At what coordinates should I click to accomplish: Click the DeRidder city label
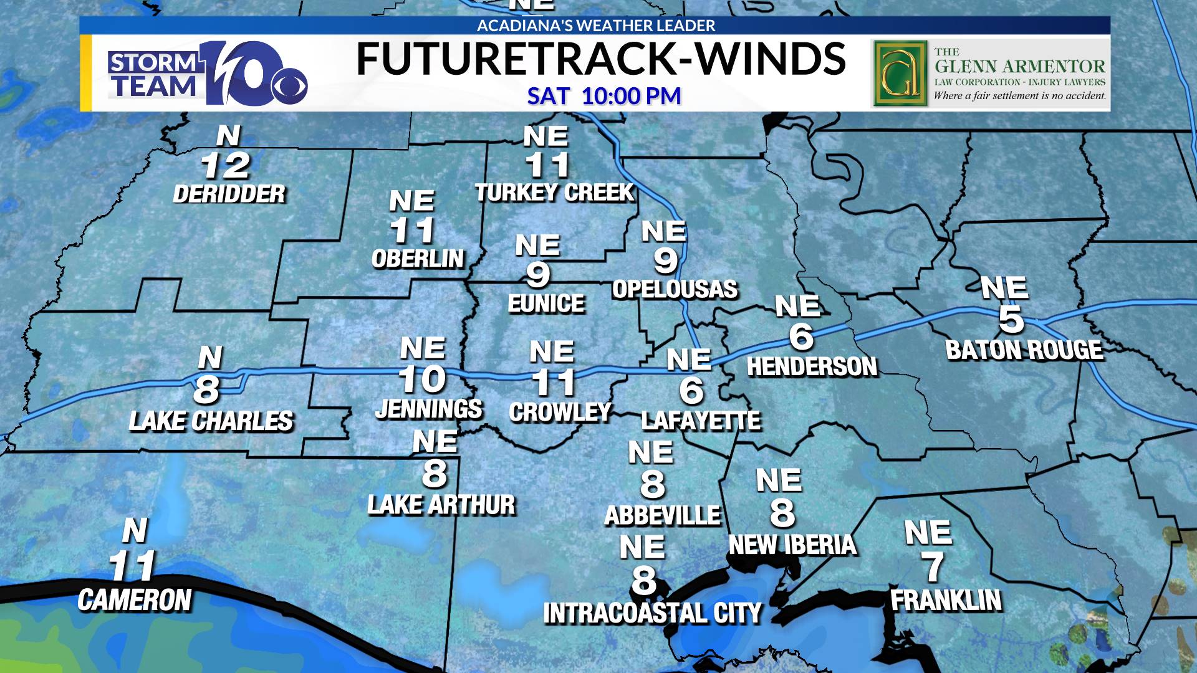click(x=229, y=194)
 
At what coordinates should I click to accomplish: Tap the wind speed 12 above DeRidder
click(x=226, y=166)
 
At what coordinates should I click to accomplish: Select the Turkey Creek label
click(x=554, y=193)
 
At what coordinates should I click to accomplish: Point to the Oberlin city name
click(x=418, y=258)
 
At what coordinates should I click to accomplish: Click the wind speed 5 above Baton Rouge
click(x=1011, y=318)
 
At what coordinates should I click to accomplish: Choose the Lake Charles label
click(x=211, y=421)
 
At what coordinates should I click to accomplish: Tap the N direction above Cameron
click(x=135, y=531)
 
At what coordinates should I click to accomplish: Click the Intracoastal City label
click(x=653, y=613)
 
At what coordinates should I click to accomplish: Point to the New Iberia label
click(x=792, y=545)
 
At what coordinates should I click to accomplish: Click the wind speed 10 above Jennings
click(x=422, y=379)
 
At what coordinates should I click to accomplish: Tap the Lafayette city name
click(x=701, y=421)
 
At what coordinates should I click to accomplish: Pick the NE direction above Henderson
click(x=797, y=306)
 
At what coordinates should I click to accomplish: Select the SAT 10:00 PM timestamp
click(x=603, y=96)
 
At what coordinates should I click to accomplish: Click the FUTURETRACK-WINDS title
click(x=600, y=59)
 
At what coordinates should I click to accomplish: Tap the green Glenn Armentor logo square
click(x=900, y=74)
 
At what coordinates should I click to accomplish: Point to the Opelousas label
click(x=675, y=289)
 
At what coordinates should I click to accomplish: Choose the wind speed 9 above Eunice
click(x=537, y=274)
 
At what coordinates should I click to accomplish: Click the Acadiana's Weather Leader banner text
click(x=596, y=26)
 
